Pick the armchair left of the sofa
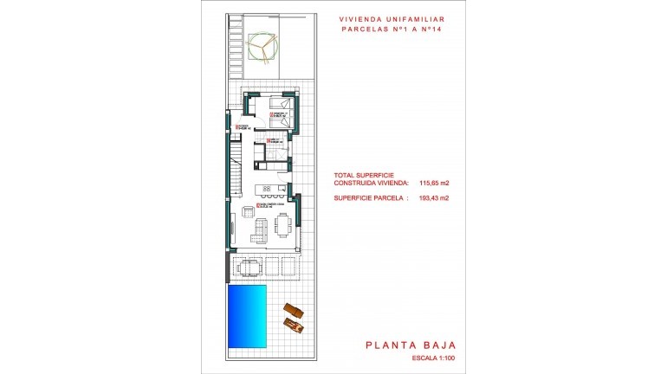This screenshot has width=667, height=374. point(247,212)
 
